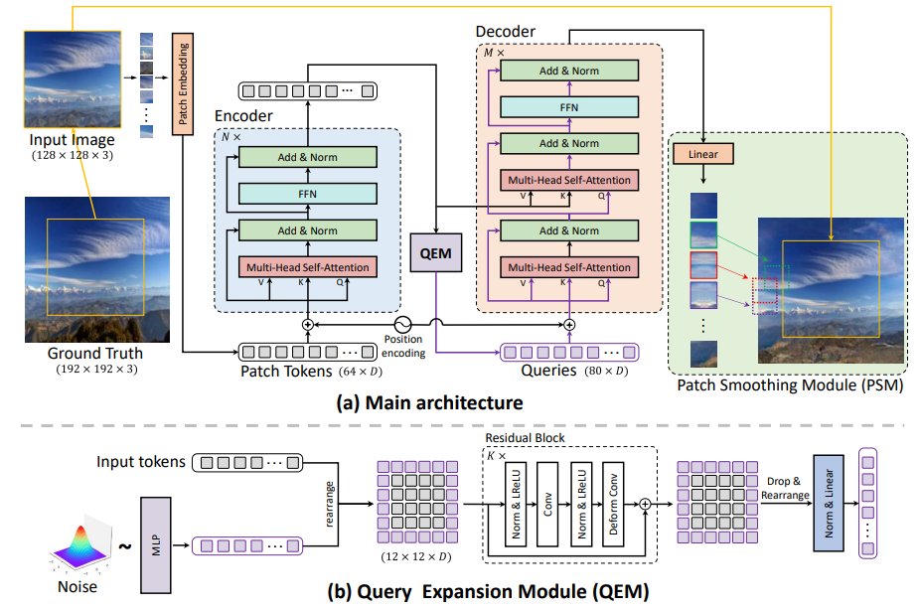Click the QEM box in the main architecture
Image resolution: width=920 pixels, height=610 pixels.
click(436, 252)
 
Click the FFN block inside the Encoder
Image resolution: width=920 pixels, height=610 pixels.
click(307, 194)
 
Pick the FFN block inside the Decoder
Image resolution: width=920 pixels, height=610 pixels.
click(569, 106)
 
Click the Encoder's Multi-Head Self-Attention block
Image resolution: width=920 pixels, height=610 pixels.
click(307, 267)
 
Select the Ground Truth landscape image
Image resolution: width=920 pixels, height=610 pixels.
click(95, 269)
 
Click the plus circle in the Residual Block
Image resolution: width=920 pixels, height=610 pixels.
click(645, 504)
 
